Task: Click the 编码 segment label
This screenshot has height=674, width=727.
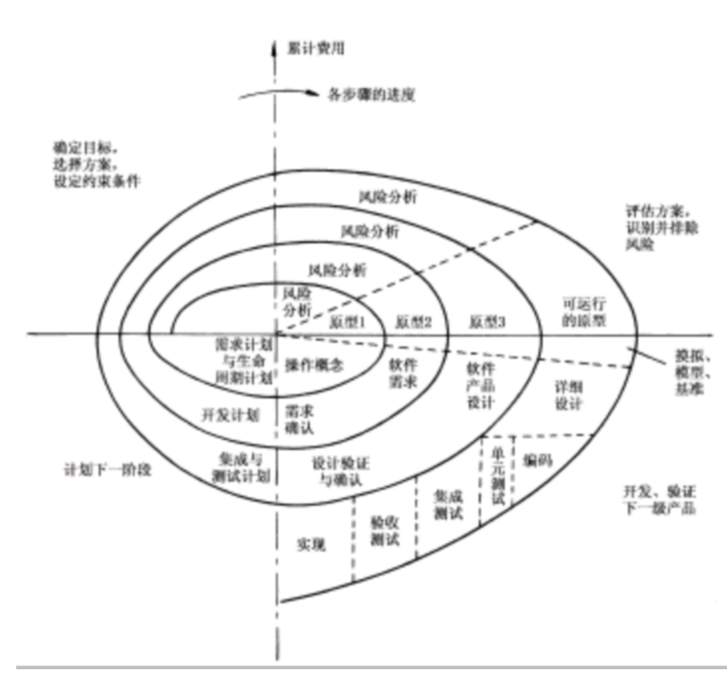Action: pyautogui.click(x=537, y=460)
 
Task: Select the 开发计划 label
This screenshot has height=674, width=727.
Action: pyautogui.click(x=232, y=415)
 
